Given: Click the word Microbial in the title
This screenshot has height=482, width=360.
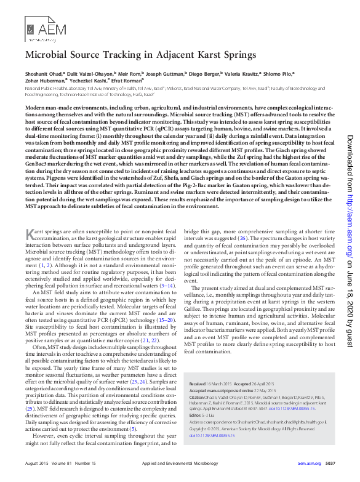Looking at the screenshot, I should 52,56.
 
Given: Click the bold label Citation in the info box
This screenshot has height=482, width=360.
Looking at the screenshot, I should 198,398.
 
